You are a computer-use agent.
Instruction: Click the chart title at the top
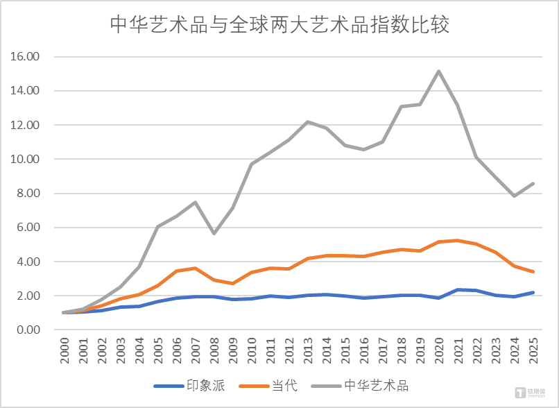pyautogui.click(x=280, y=25)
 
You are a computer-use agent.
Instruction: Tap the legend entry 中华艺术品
pyautogui.click(x=377, y=385)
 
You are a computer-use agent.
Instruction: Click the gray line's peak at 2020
pyautogui.click(x=439, y=71)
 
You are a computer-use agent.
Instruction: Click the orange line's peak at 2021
pyautogui.click(x=458, y=240)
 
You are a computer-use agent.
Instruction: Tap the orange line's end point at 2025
pyautogui.click(x=533, y=272)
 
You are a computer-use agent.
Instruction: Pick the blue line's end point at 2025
pyautogui.click(x=533, y=292)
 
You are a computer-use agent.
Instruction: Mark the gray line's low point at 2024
pyautogui.click(x=514, y=196)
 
